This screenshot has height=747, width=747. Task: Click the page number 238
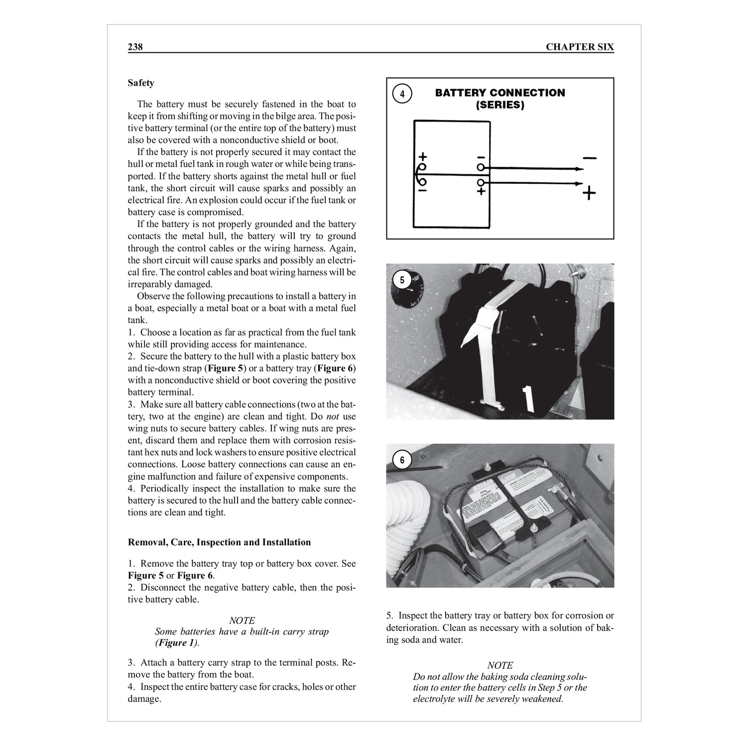[135, 47]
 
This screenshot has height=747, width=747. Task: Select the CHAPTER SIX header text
[580, 47]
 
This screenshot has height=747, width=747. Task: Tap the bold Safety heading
[141, 83]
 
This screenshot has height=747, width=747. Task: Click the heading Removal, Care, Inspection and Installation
[219, 542]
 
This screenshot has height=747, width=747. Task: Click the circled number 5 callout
[402, 280]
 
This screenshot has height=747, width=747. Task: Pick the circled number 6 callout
[402, 460]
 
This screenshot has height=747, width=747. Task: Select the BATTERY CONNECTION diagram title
[500, 93]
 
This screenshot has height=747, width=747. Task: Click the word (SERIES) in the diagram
[500, 106]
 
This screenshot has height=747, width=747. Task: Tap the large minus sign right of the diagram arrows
[589, 158]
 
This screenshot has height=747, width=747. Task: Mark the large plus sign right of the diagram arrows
[589, 193]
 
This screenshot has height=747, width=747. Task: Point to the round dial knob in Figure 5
[407, 289]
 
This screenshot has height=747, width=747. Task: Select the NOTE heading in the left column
[242, 621]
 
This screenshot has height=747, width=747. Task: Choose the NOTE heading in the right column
[500, 665]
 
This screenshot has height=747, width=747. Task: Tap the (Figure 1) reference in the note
[176, 643]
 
